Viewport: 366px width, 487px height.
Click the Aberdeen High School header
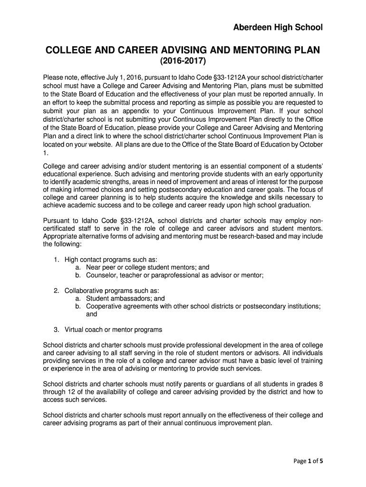(278, 28)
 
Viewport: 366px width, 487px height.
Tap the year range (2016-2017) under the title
(183, 61)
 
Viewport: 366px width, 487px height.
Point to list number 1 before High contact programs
(56, 260)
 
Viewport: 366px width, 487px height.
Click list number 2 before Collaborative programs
(56, 291)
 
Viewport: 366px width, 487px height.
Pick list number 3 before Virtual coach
(56, 330)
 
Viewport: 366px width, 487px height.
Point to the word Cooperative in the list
(105, 306)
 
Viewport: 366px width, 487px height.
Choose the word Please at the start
(54, 77)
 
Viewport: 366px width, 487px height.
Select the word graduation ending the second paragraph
(293, 205)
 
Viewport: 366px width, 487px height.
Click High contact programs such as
(111, 260)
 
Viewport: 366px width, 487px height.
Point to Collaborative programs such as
(112, 291)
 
